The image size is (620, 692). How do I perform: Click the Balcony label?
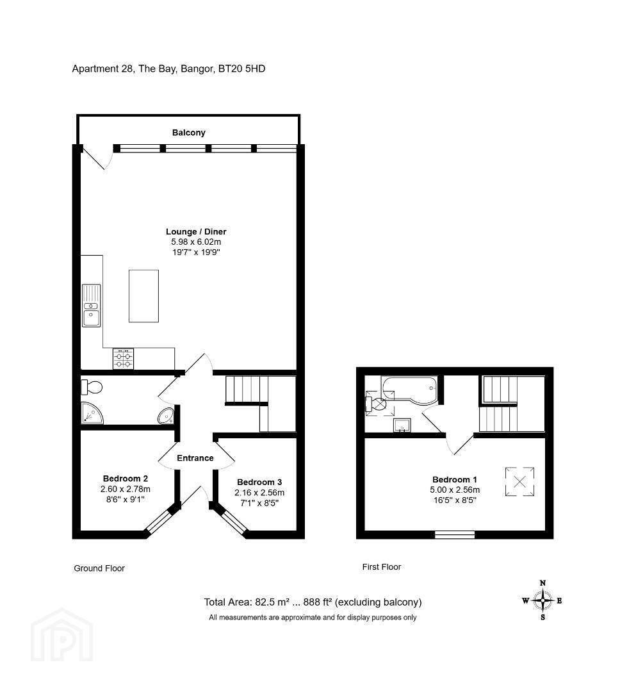pos(188,133)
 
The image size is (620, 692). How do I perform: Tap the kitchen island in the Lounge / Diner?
pos(143,296)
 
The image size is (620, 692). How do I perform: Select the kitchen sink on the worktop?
pos(92,306)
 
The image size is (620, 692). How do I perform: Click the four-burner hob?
pos(123,358)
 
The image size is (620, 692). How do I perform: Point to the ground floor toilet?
pos(92,388)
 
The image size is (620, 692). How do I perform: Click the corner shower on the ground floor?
pos(92,413)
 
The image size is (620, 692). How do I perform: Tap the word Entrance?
pos(195,458)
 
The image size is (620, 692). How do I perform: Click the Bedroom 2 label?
pos(126,479)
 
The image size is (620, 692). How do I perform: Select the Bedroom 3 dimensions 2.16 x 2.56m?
pos(259,493)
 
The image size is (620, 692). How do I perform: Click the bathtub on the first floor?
pos(410,390)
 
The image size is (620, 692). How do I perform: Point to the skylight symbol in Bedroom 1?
pos(520,481)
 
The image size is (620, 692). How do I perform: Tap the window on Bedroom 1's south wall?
pos(455,535)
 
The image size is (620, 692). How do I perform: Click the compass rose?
pos(542,600)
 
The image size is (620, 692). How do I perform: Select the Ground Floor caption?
pos(99,568)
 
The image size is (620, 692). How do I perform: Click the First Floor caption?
pos(382,566)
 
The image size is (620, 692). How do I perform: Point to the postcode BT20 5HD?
pos(242,69)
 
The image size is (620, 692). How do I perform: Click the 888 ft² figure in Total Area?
pos(318,602)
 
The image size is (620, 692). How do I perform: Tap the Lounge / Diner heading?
pos(196,232)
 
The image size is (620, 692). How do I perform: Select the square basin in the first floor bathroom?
pos(402,426)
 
